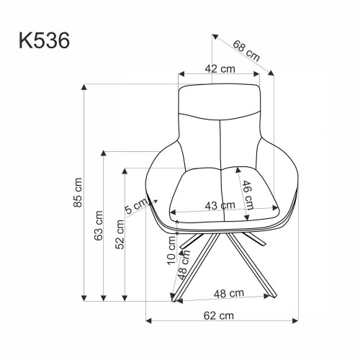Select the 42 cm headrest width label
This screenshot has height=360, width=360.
pos(219,70)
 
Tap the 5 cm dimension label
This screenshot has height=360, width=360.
pos(135,208)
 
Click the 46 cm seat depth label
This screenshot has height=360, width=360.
pos(246,192)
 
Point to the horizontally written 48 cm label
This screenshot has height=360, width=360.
pos(225,293)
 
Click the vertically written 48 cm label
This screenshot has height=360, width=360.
pos(184,270)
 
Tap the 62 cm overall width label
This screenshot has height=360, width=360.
pos(219,315)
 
